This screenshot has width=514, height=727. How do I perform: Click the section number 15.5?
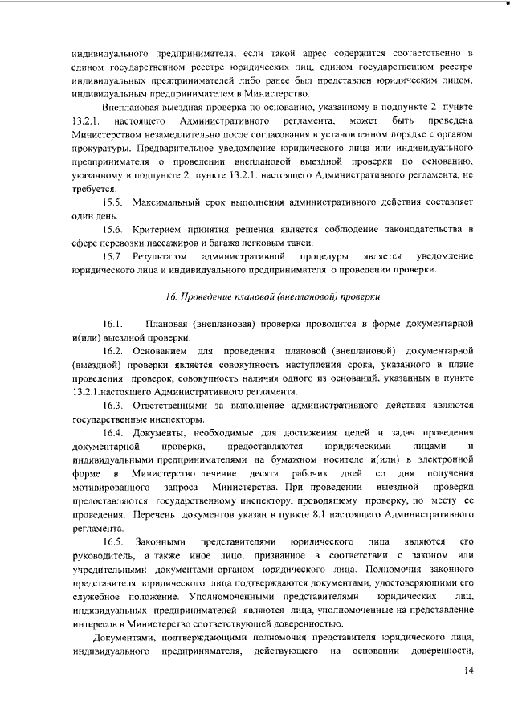113,198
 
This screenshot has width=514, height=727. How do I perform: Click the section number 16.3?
113,406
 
